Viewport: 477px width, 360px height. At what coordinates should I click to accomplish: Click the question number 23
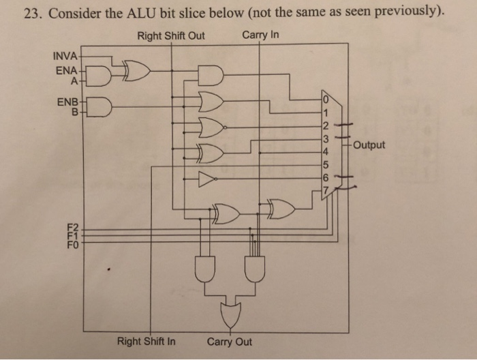29,14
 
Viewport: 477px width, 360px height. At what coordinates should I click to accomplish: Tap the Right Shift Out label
170,35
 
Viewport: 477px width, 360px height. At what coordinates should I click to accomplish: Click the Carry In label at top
260,35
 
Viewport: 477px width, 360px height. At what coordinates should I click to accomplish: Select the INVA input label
65,55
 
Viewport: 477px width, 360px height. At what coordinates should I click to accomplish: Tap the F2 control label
73,226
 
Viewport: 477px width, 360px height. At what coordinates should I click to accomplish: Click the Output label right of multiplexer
369,145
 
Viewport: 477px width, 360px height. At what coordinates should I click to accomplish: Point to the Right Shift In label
146,341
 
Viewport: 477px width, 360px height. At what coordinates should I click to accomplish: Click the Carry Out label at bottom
230,341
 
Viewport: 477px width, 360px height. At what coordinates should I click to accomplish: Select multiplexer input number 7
326,188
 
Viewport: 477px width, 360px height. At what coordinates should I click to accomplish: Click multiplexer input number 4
326,149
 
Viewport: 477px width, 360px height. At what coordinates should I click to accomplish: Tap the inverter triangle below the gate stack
206,179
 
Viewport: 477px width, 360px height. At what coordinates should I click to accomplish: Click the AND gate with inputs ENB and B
100,107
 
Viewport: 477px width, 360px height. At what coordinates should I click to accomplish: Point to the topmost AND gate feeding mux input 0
211,75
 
